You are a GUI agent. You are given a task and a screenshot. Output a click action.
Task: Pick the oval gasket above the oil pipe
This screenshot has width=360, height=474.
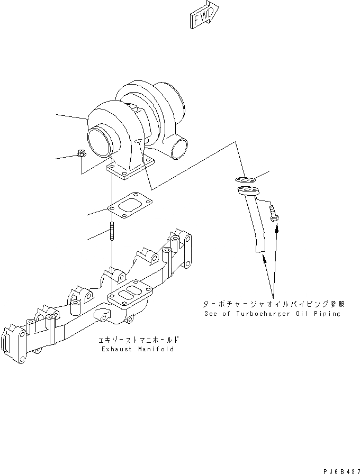[x=245, y=180]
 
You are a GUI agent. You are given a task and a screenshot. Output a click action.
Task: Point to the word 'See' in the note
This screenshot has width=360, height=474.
[x=211, y=314]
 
